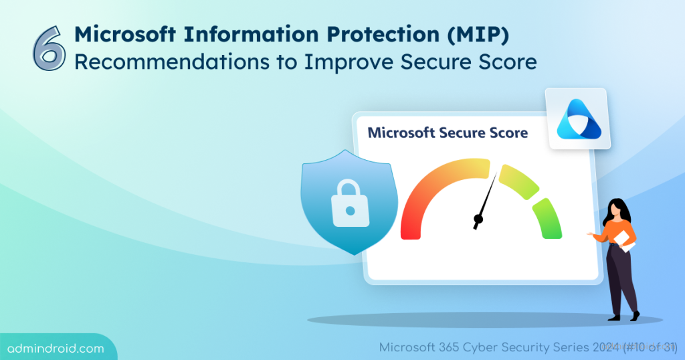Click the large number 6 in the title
click(x=49, y=49)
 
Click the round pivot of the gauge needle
click(x=478, y=219)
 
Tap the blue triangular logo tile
click(x=579, y=118)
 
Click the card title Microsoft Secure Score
click(x=448, y=132)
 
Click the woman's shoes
click(x=625, y=315)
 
